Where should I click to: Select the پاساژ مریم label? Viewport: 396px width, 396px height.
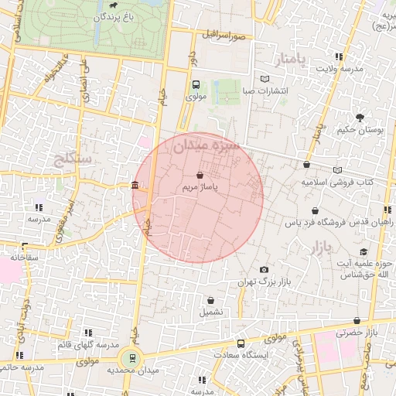200,187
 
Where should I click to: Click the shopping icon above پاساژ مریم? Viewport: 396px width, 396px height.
201,176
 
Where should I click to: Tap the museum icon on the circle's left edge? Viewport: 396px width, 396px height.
135,186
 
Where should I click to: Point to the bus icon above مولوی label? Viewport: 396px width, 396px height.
195,85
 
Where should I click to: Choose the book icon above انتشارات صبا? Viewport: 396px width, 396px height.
265,79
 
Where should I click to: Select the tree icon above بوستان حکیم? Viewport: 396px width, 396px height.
360,118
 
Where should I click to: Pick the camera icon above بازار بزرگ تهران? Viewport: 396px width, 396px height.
265,269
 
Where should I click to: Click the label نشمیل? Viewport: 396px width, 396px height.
210,312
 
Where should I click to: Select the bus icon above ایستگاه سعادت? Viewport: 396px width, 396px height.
241,343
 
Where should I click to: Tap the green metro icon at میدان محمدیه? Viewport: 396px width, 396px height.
132,357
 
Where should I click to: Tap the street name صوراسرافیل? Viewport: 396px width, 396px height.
224,36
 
